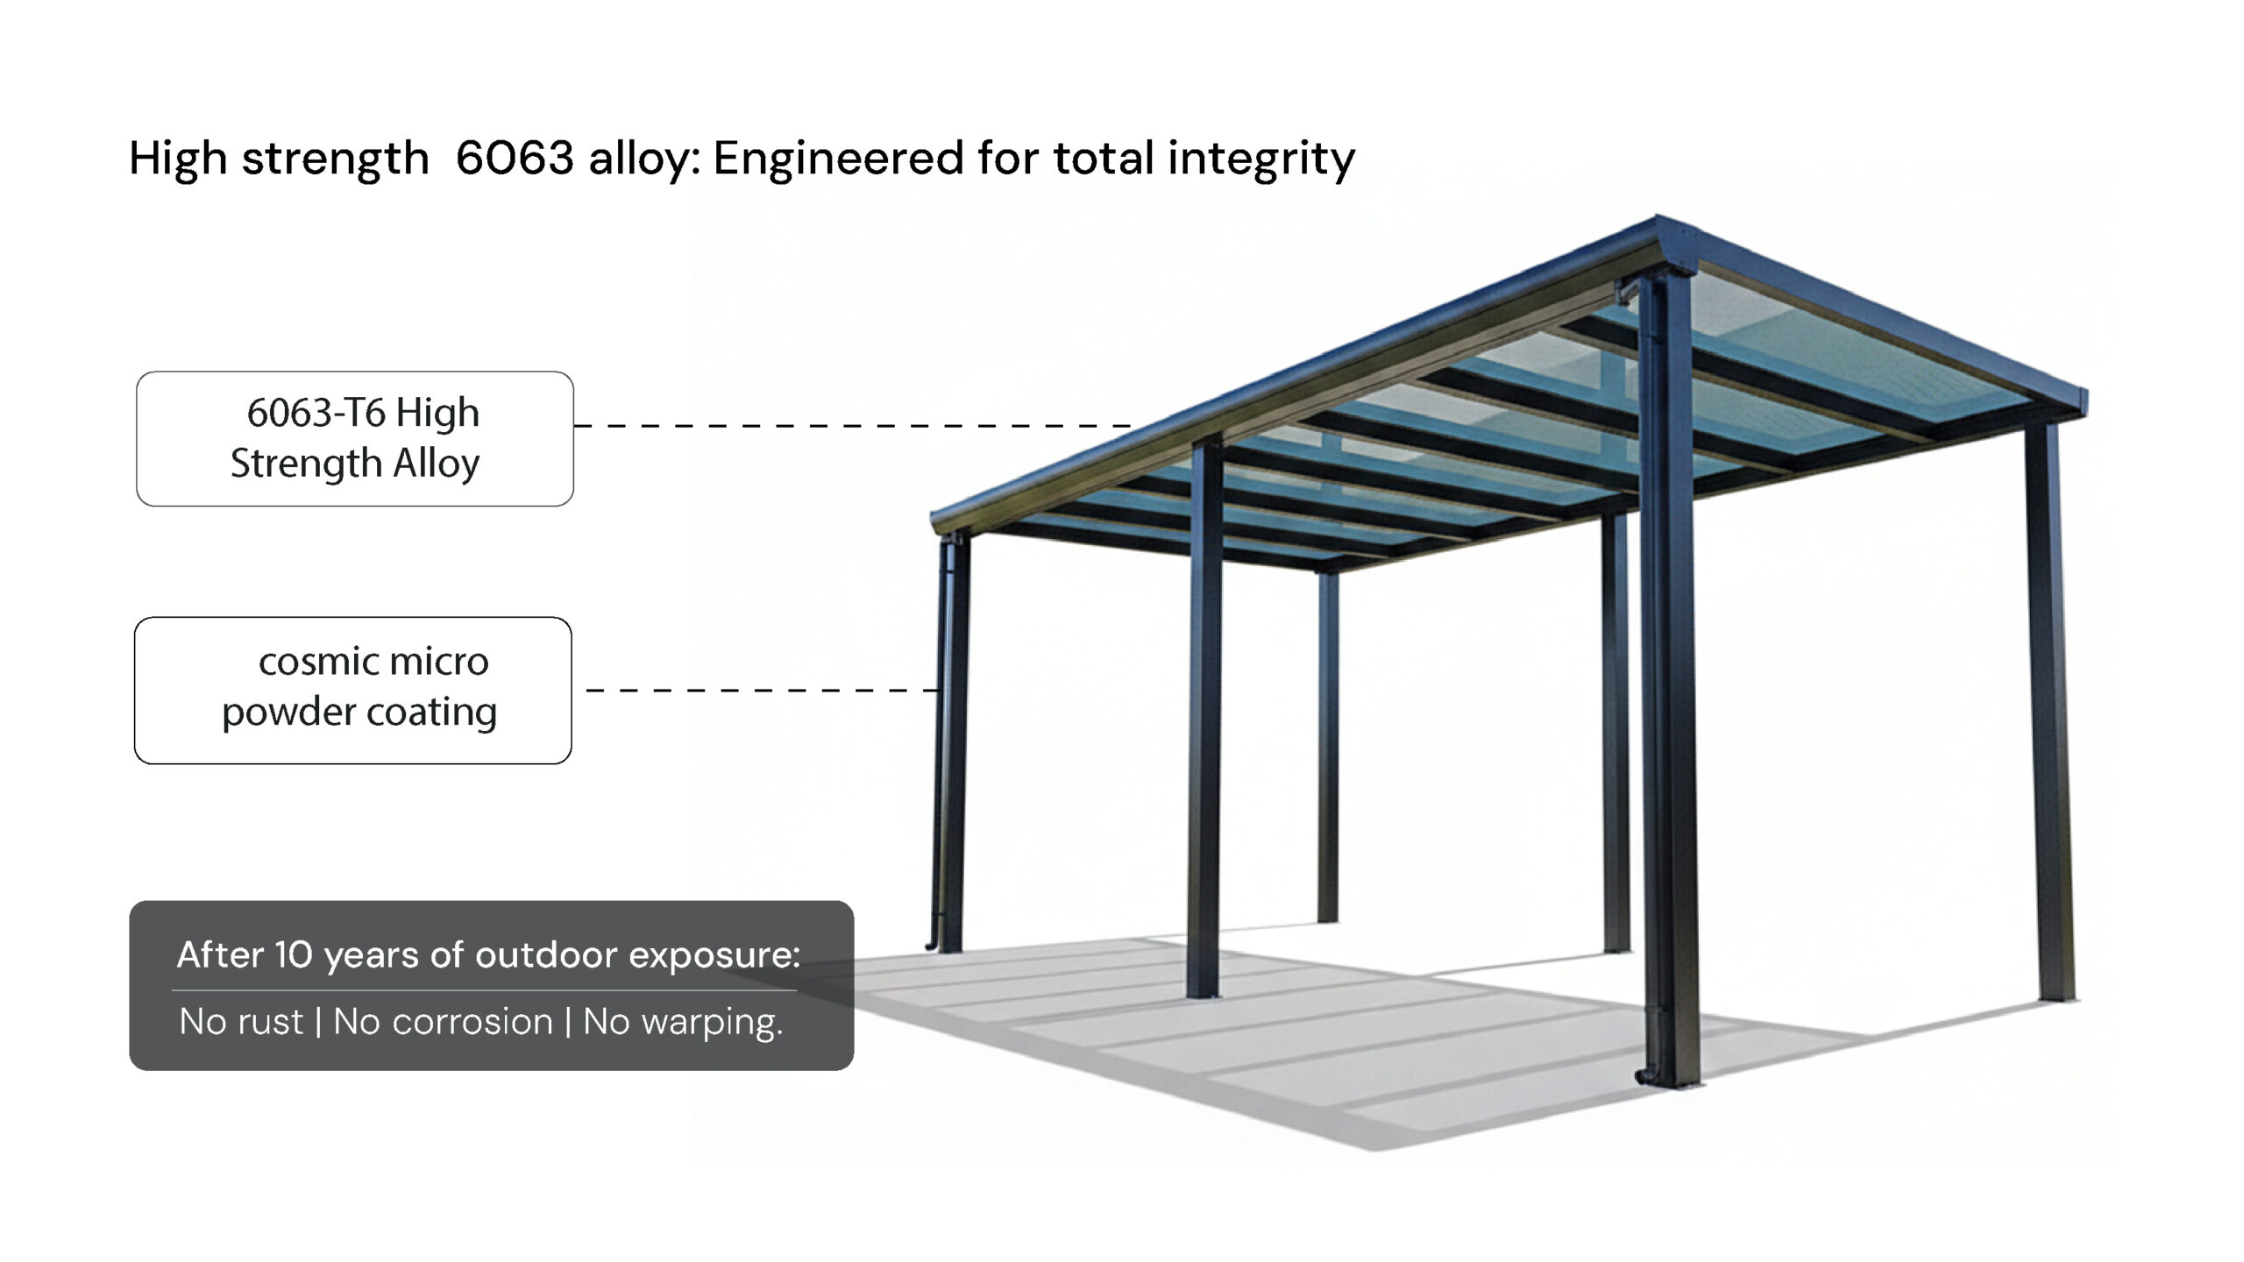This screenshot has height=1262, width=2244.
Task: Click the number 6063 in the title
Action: pos(515,158)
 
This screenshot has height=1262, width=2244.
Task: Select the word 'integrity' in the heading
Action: pos(1261,160)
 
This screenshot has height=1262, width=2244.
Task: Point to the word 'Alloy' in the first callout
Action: pos(437,464)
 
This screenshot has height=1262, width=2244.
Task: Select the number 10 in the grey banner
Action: pos(293,955)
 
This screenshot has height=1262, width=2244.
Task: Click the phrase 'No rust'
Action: pos(241,1022)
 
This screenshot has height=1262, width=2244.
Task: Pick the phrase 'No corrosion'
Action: pos(444,1022)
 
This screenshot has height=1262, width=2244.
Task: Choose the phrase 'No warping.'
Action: pos(683,1023)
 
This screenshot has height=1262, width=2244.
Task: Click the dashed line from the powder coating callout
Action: pos(763,691)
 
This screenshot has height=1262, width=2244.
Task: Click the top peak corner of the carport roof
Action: pos(1657,216)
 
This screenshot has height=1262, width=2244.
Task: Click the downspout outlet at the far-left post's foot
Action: pos(932,945)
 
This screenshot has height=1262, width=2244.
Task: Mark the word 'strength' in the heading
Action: pos(335,160)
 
